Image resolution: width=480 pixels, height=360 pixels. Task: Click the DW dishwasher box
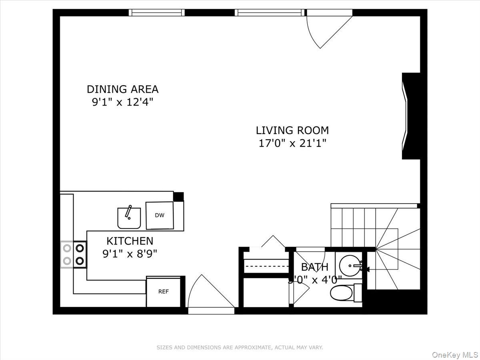(160, 215)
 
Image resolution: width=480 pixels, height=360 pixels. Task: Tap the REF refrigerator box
(163, 292)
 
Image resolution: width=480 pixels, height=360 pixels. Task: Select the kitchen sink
(129, 218)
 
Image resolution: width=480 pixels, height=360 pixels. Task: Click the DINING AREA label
(122, 89)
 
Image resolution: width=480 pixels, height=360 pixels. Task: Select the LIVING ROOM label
(292, 130)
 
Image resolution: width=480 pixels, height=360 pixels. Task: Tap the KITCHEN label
(130, 241)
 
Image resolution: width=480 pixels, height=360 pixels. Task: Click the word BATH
(314, 267)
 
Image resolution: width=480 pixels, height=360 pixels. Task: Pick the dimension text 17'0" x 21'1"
(292, 143)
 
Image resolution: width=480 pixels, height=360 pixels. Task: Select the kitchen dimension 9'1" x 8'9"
(130, 254)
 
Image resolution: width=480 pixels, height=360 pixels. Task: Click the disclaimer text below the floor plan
(240, 348)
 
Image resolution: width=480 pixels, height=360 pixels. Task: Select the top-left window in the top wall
(157, 13)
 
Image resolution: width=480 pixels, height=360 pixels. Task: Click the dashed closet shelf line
(266, 266)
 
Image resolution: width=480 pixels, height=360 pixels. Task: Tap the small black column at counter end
(178, 196)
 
